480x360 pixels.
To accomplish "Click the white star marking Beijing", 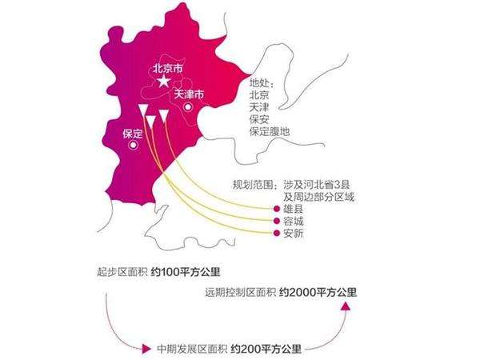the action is coord(164,81).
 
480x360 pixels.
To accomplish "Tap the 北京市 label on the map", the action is coord(168,68).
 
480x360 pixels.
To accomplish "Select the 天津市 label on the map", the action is coord(189,94).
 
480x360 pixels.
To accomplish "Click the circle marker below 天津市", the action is coord(188,107).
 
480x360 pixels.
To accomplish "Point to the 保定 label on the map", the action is coord(133,134).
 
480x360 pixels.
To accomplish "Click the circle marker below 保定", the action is coord(133,145).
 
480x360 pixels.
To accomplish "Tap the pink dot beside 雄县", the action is coord(277,209).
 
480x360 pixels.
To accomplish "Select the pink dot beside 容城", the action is coord(277,221).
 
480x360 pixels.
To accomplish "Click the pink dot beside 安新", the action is coord(277,234).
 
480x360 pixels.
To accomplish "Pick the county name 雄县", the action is coord(294,209).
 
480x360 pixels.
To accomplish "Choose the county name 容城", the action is coord(294,221).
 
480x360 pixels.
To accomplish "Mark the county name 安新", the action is coord(294,234).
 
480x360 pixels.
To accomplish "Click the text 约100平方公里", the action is coord(186,272).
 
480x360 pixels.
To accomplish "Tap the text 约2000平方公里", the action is coord(318,292).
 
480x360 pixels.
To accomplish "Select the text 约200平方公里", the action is coord(266,349).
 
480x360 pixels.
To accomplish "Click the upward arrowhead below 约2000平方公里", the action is coord(346,306).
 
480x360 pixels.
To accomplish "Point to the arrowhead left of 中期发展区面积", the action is coord(146,348).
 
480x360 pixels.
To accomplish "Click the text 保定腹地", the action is coord(270,132).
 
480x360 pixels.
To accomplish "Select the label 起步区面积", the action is coord(122,272).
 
